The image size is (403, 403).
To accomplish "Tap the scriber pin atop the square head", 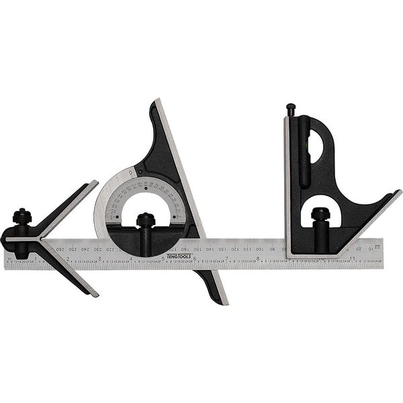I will coord(290,109).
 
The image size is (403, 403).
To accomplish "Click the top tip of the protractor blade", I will coord(156,101).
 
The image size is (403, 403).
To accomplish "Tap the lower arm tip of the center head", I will coord(96,294).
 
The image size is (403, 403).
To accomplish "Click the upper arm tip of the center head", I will coord(95,181).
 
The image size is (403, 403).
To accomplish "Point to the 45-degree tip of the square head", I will coord(399,192).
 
